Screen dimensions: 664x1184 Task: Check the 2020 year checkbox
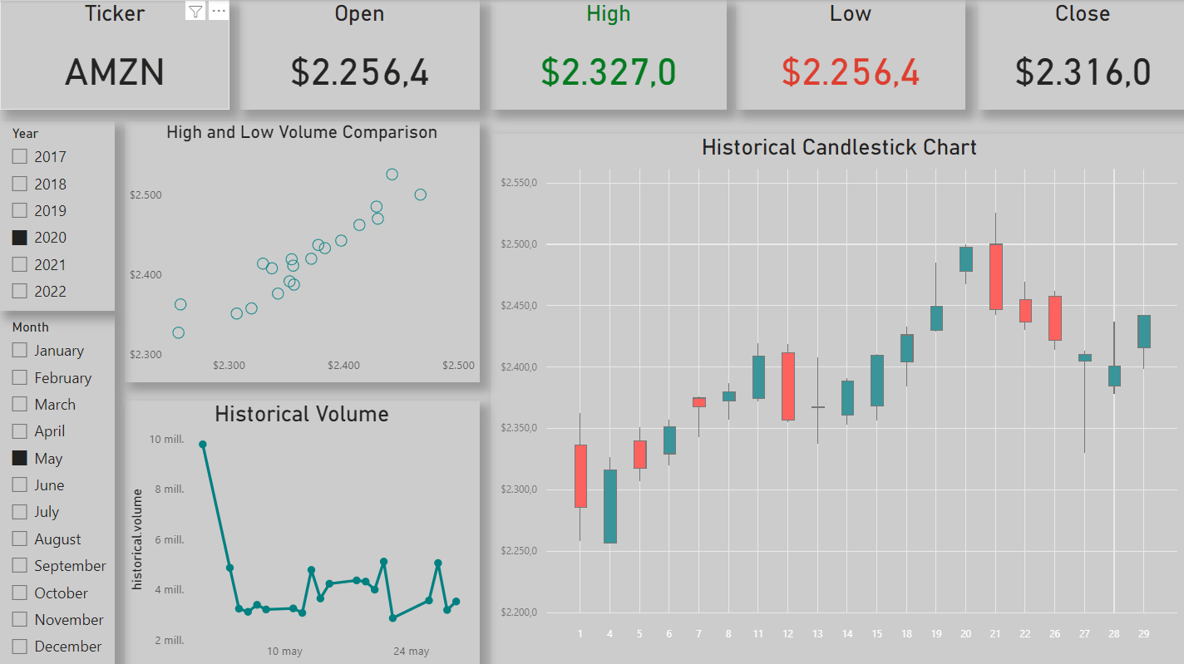(20, 238)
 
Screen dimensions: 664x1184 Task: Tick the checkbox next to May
(20, 459)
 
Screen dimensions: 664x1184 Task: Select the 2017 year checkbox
(20, 157)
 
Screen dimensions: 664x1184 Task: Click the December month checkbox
(20, 647)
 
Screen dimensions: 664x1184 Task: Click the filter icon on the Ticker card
(195, 11)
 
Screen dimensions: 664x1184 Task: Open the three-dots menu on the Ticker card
(219, 11)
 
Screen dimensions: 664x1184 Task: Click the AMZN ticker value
(115, 73)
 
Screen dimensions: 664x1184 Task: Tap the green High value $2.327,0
(609, 72)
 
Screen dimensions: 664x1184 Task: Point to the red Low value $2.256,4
(851, 72)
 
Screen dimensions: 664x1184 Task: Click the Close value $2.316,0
(1083, 72)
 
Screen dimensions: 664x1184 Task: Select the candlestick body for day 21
(995, 277)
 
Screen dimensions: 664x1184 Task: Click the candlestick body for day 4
(609, 506)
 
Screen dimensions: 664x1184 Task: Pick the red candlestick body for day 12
(787, 386)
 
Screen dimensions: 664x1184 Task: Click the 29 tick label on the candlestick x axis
(1143, 634)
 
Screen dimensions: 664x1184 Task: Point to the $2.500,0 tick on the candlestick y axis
(518, 244)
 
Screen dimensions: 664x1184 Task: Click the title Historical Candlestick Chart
(839, 147)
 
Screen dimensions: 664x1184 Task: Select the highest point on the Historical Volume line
(203, 445)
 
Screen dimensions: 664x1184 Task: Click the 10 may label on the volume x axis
(284, 652)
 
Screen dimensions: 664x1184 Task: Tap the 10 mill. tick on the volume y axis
(167, 440)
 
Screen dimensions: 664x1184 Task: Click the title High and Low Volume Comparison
(302, 132)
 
